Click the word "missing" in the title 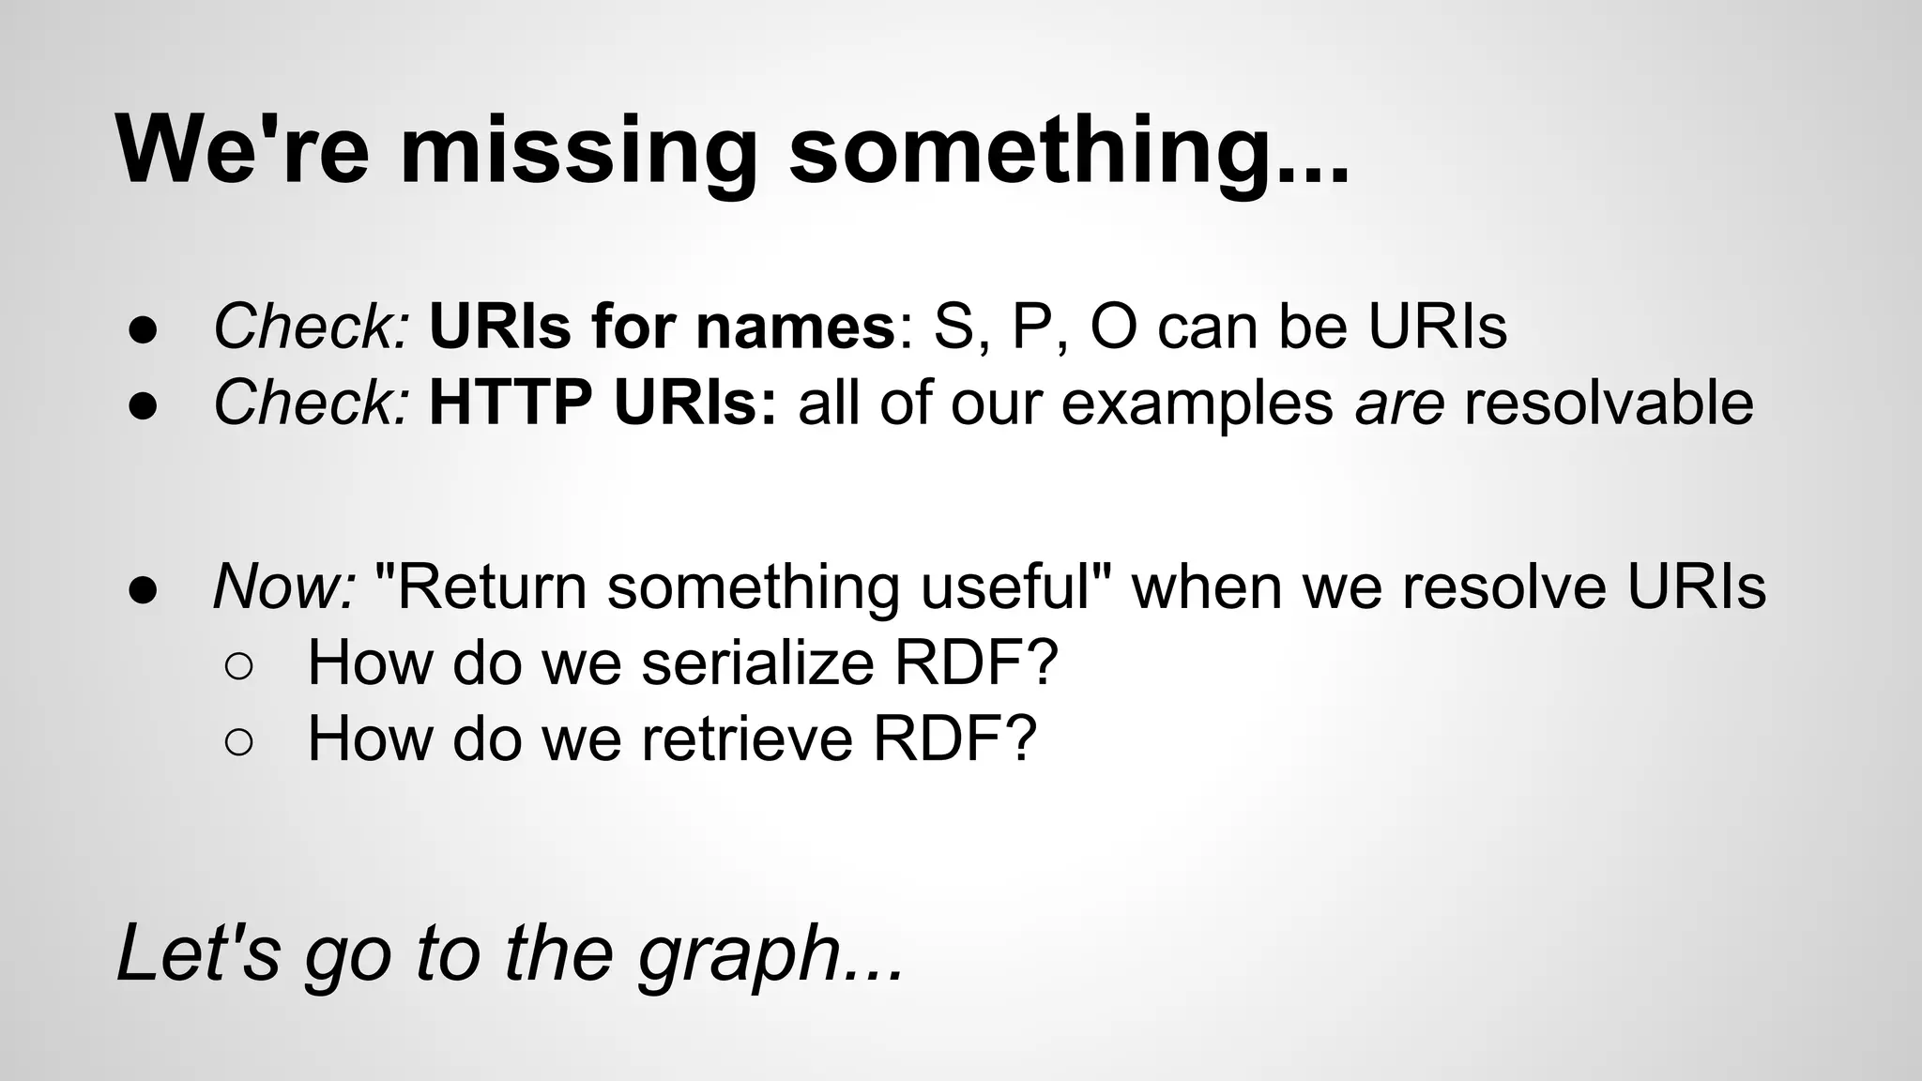578,150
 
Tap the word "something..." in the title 1068,150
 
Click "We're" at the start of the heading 242,150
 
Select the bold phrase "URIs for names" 662,327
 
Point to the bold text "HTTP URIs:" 603,403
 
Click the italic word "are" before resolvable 1398,404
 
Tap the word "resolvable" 1609,403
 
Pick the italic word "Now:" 284,586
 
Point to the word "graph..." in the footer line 770,955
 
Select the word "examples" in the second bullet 1197,404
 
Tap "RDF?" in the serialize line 976,662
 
